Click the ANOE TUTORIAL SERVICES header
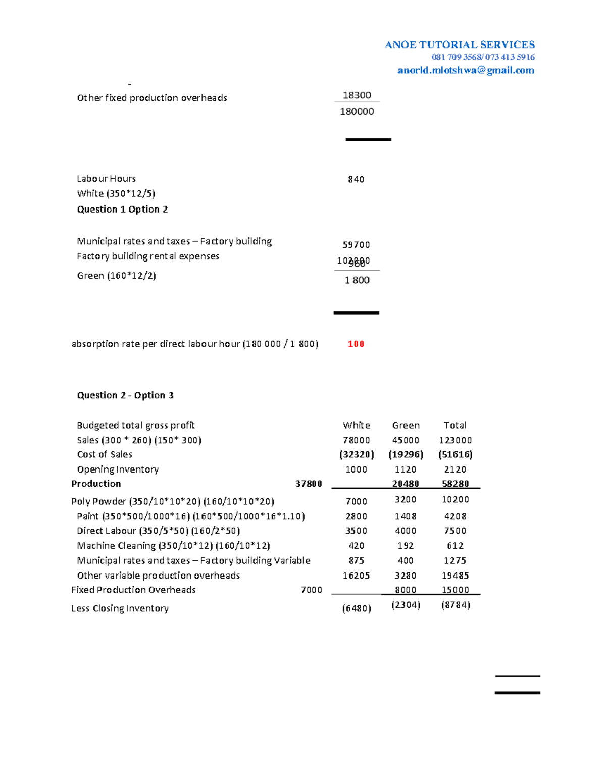[x=460, y=45]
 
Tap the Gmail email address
[x=466, y=70]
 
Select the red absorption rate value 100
[x=356, y=344]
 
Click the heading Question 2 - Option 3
[x=125, y=395]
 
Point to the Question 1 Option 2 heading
[x=122, y=209]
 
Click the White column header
[x=357, y=425]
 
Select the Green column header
[x=406, y=425]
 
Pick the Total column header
[x=455, y=425]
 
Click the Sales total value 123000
[x=455, y=440]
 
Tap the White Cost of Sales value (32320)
[x=357, y=454]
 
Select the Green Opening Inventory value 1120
[x=406, y=469]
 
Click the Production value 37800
[x=309, y=484]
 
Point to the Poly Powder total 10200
[x=455, y=499]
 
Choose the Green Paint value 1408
[x=406, y=516]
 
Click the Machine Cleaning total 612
[x=455, y=546]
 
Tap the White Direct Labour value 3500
[x=357, y=531]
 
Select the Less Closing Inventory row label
[x=120, y=608]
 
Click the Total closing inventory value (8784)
[x=456, y=605]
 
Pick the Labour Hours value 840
[x=356, y=179]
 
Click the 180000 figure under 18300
[x=357, y=112]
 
